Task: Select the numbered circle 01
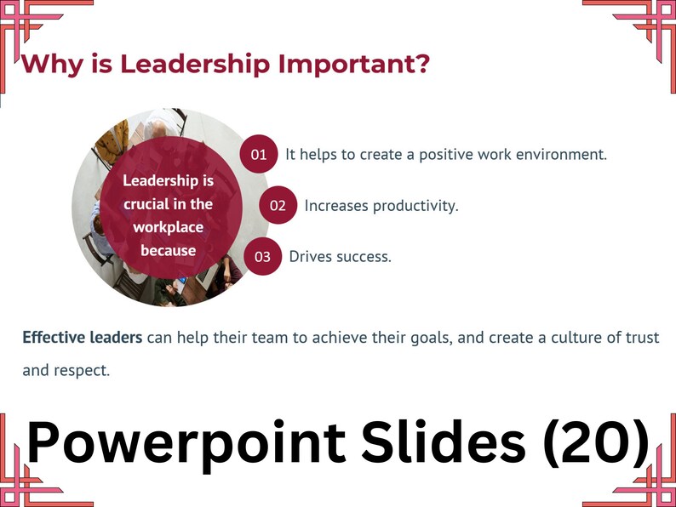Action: [x=259, y=154]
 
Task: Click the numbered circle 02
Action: [x=278, y=206]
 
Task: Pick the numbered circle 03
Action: [x=262, y=257]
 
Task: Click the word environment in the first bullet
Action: [x=559, y=155]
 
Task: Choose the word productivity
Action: [x=414, y=206]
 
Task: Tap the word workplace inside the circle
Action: [x=168, y=227]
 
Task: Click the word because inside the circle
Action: [x=168, y=250]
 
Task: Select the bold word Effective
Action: [x=53, y=338]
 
